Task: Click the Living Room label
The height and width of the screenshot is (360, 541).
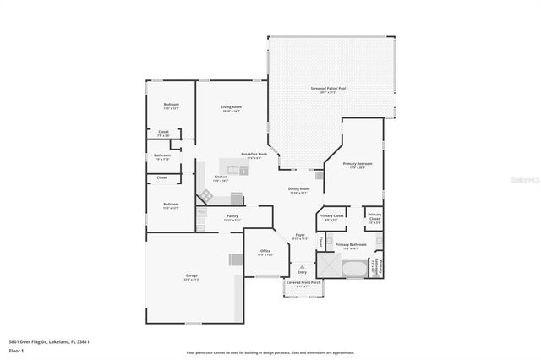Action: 232,107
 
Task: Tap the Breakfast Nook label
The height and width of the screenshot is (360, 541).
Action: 254,154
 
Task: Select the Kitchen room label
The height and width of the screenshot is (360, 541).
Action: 220,177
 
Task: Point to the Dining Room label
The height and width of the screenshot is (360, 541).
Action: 299,189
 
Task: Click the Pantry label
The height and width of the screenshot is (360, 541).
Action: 232,216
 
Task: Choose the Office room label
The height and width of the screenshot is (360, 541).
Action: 265,251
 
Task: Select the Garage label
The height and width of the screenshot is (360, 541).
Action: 191,276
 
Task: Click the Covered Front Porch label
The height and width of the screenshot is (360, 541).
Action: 303,282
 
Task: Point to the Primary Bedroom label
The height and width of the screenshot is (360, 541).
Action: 358,163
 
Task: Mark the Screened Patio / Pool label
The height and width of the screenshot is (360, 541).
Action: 330,88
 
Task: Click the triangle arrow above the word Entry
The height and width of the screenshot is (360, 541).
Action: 301,265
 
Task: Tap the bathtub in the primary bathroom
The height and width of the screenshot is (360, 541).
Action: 356,269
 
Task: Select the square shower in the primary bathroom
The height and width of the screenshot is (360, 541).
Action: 331,269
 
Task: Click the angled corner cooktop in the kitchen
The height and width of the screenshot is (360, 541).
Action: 205,195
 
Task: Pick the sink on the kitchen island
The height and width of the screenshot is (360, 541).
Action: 243,171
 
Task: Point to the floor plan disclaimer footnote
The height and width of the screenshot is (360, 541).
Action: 270,352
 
